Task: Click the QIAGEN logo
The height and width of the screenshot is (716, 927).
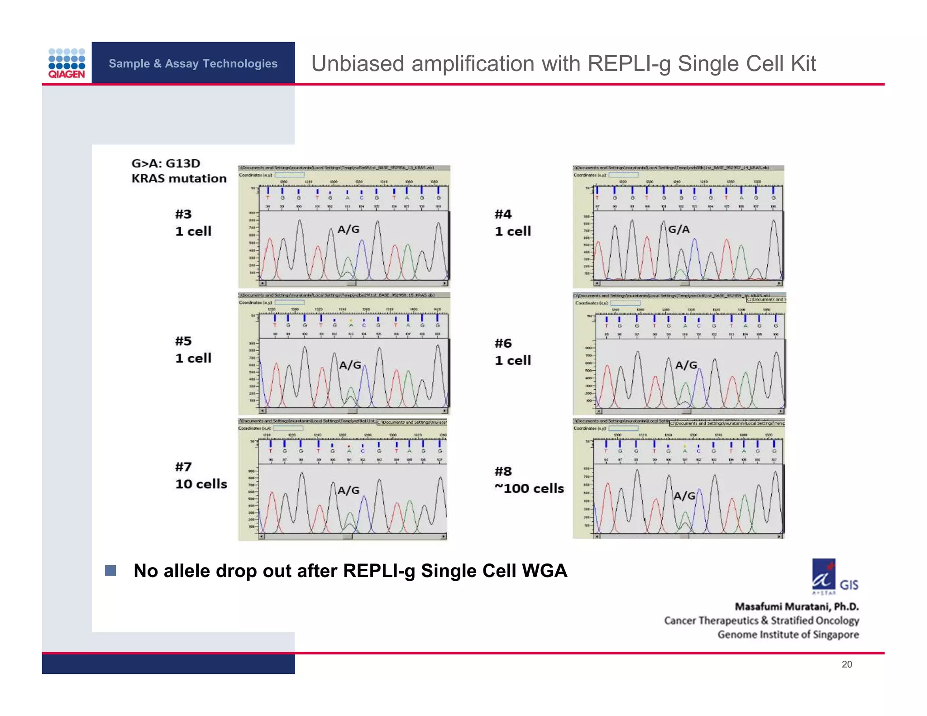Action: pyautogui.click(x=67, y=63)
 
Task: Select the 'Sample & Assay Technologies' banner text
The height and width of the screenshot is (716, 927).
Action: pyautogui.click(x=193, y=63)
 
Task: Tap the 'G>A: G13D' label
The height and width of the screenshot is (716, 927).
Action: pyautogui.click(x=166, y=163)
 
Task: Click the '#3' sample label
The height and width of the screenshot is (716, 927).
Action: pyautogui.click(x=183, y=214)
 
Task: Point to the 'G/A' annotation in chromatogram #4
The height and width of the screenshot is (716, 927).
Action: pyautogui.click(x=679, y=229)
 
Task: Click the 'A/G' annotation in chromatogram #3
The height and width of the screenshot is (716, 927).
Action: pyautogui.click(x=349, y=229)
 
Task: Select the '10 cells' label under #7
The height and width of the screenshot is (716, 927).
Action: pyautogui.click(x=201, y=484)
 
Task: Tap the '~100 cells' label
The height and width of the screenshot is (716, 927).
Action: pyautogui.click(x=529, y=489)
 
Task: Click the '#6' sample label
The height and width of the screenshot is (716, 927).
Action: pyautogui.click(x=503, y=344)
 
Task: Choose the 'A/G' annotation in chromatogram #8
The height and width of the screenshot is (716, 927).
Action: pyautogui.click(x=684, y=496)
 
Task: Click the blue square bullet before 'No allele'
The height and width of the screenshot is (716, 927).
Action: pyautogui.click(x=110, y=570)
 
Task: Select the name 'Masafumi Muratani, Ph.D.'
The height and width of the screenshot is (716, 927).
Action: pyautogui.click(x=797, y=606)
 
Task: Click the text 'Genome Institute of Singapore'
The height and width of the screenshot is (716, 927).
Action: pyautogui.click(x=788, y=635)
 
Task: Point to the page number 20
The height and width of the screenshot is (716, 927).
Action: pyautogui.click(x=846, y=664)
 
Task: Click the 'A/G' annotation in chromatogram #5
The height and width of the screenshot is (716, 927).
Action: pyautogui.click(x=350, y=365)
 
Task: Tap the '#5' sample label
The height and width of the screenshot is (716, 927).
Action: pyautogui.click(x=183, y=341)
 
